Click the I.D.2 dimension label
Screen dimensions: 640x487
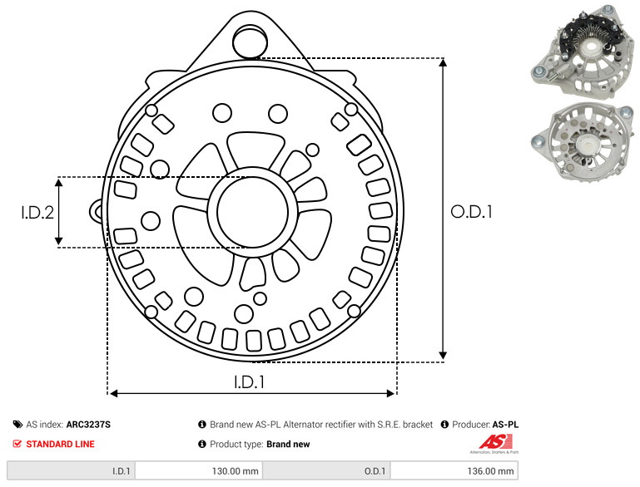tap(37, 212)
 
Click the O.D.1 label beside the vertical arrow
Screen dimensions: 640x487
tap(471, 212)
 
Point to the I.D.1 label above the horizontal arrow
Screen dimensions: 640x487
tap(250, 381)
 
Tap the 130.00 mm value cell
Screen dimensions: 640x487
tap(199, 470)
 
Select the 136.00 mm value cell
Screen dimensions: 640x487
tap(454, 470)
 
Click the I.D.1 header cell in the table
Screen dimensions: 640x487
tap(71, 470)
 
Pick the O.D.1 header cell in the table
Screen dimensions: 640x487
tap(326, 470)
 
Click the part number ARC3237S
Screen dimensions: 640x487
tap(88, 424)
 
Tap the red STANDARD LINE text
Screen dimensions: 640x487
tap(61, 444)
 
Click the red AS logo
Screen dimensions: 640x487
tap(496, 442)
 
